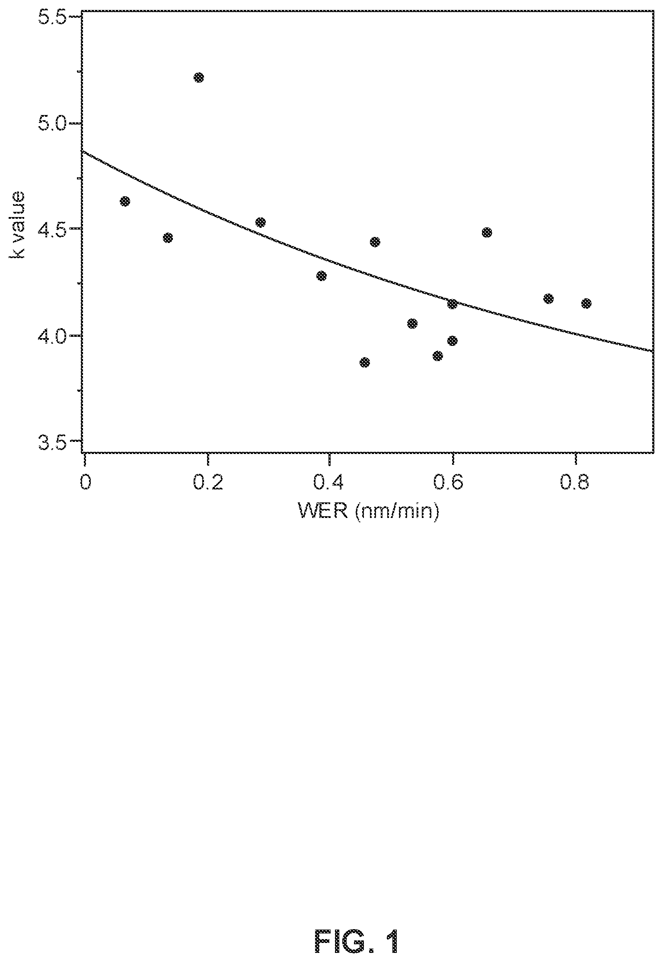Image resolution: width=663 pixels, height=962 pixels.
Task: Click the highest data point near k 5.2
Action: (x=199, y=77)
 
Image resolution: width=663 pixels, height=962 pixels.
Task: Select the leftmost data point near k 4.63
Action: (x=125, y=201)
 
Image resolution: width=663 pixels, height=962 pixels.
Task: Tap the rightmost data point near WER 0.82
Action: (x=586, y=303)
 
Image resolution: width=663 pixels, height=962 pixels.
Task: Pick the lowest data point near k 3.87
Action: (x=365, y=362)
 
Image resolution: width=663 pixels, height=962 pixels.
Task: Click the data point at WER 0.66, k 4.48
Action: (x=487, y=233)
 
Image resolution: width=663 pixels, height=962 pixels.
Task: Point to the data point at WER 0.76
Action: (x=548, y=299)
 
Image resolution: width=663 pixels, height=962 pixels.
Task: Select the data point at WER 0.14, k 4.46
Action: (x=168, y=238)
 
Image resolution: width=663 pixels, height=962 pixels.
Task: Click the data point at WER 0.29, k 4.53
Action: (x=260, y=222)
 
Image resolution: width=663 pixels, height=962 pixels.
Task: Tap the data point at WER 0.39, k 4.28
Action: (x=322, y=276)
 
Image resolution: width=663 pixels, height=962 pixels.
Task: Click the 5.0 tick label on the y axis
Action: (x=51, y=123)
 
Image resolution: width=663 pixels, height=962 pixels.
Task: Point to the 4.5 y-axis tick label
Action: (x=51, y=229)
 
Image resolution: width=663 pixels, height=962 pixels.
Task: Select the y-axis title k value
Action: (x=18, y=225)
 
